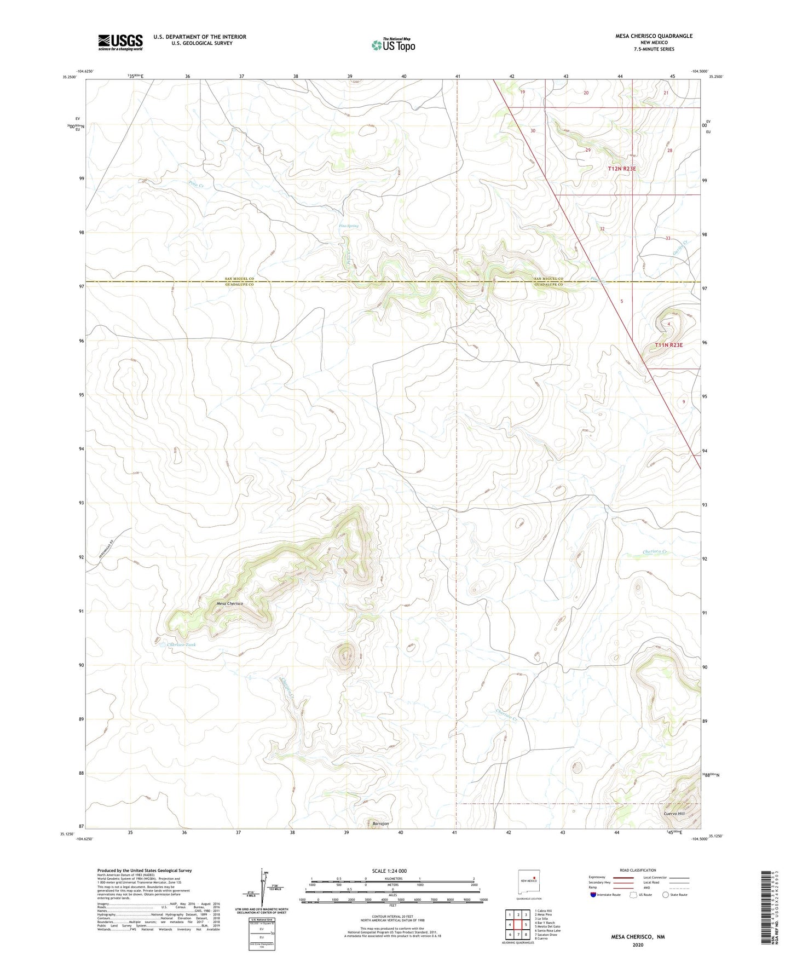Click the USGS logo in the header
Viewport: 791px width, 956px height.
pyautogui.click(x=120, y=42)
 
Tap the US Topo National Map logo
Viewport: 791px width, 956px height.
pyautogui.click(x=393, y=45)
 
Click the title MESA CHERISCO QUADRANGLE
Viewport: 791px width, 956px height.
pyautogui.click(x=646, y=36)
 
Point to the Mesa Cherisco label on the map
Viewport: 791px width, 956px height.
pyautogui.click(x=229, y=603)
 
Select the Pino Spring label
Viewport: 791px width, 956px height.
pyautogui.click(x=349, y=226)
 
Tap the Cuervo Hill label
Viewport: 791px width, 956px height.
pyautogui.click(x=674, y=814)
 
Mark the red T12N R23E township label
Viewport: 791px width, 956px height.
pyautogui.click(x=622, y=169)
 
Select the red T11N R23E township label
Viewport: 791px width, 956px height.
pyautogui.click(x=669, y=345)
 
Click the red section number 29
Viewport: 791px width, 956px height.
pyautogui.click(x=588, y=150)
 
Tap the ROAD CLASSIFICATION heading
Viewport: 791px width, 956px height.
pyautogui.click(x=638, y=870)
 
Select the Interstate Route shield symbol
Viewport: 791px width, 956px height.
pyautogui.click(x=593, y=895)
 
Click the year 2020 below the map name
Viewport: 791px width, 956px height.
pyautogui.click(x=638, y=945)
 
